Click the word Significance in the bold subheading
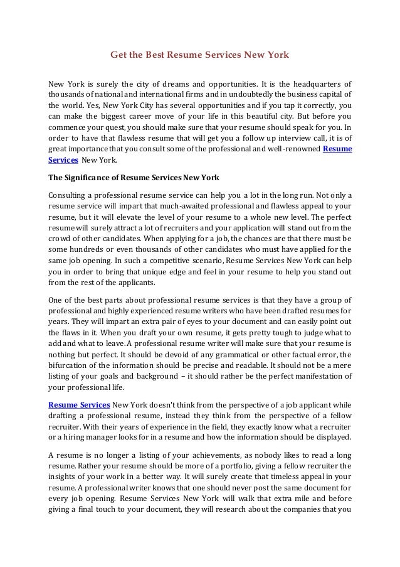pyautogui.click(x=95, y=177)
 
